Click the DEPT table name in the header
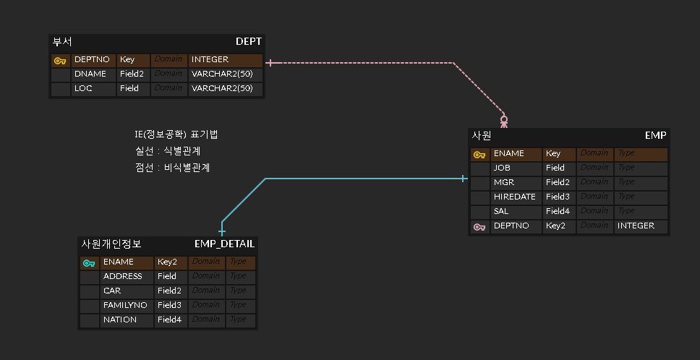point(248,41)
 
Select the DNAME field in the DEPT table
point(90,74)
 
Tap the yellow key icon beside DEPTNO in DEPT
point(60,61)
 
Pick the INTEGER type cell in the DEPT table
point(210,60)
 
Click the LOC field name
point(84,88)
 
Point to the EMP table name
point(655,135)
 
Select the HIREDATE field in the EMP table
point(514,197)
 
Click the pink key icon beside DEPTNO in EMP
point(479,226)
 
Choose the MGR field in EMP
point(503,182)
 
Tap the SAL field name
point(501,211)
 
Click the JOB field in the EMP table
point(502,168)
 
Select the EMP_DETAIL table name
point(224,244)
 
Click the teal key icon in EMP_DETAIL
point(89,262)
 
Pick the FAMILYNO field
point(125,305)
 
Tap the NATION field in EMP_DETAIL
point(120,320)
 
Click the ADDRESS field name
point(123,276)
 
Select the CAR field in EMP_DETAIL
point(112,291)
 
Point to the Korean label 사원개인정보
point(111,244)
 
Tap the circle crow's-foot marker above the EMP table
point(504,120)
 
